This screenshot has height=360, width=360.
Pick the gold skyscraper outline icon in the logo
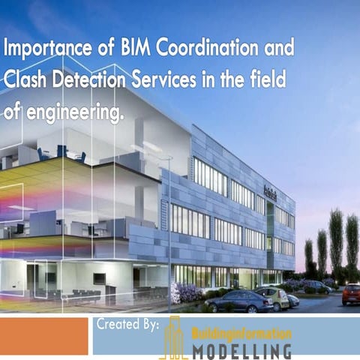(174, 338)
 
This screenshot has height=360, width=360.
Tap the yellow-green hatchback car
(276, 298)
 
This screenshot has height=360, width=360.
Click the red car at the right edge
(351, 294)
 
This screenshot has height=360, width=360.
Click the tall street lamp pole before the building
(169, 225)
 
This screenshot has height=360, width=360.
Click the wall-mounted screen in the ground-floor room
(99, 277)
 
